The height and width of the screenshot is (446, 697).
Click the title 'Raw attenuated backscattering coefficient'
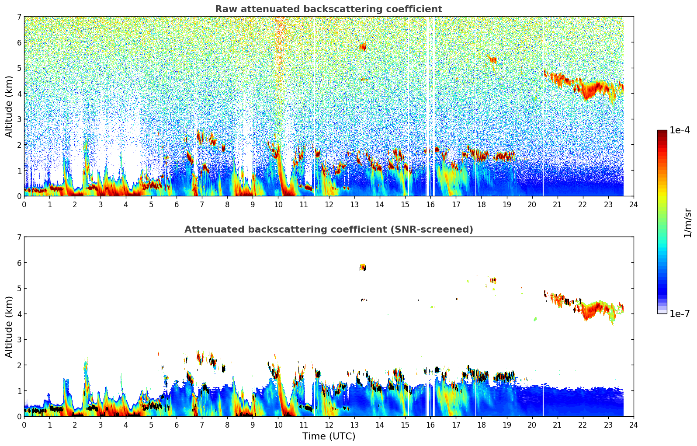pyautogui.click(x=328, y=9)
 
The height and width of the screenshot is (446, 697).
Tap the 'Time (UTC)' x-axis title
pyautogui.click(x=329, y=436)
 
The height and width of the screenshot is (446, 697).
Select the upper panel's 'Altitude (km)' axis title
pyautogui.click(x=9, y=106)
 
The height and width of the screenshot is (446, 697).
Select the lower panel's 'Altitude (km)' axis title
pyautogui.click(x=9, y=327)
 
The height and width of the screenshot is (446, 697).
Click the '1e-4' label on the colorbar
pyautogui.click(x=680, y=130)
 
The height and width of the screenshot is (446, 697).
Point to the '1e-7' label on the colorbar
pyautogui.click(x=680, y=314)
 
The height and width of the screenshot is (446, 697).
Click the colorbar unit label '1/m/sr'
pyautogui.click(x=687, y=223)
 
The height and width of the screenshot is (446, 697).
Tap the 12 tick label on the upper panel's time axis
pyautogui.click(x=329, y=204)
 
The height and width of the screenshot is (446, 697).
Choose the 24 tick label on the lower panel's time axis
pyautogui.click(x=633, y=425)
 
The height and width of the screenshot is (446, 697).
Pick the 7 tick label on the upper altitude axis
pyautogui.click(x=19, y=17)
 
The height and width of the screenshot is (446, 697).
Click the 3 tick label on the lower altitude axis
pyautogui.click(x=19, y=340)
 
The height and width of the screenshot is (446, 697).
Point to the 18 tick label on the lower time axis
pyautogui.click(x=481, y=425)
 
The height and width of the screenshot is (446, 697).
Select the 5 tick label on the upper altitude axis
pyautogui.click(x=19, y=68)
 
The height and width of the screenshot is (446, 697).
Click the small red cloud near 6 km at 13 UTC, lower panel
pyautogui.click(x=363, y=267)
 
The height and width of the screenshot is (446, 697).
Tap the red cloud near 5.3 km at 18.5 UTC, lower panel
pyautogui.click(x=493, y=280)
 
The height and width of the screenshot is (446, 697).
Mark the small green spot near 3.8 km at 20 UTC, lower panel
pyautogui.click(x=535, y=319)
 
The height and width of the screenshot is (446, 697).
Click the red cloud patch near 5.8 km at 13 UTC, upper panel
pyautogui.click(x=362, y=47)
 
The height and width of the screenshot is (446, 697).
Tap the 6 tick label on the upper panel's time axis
pyautogui.click(x=177, y=204)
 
